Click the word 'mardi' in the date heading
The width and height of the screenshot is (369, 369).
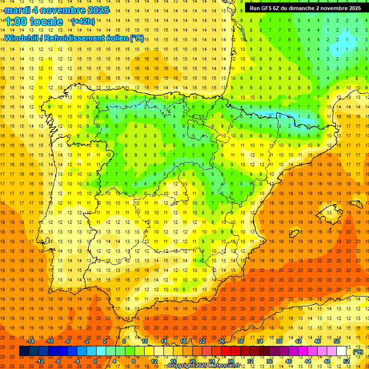point(18,10)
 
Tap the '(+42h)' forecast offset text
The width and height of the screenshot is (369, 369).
point(83,22)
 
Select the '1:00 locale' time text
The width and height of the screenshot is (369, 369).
point(34,22)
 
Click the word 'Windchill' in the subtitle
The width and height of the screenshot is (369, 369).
point(21,38)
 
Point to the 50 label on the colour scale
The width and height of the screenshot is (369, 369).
point(337,341)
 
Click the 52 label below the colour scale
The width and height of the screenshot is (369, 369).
point(346,361)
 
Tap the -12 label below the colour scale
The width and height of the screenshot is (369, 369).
point(40,361)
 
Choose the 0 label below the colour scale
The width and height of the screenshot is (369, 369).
point(95,361)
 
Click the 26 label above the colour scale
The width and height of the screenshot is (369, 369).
point(221,341)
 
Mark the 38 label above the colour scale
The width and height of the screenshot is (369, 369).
point(279,341)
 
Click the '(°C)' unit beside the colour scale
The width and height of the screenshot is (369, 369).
point(357,351)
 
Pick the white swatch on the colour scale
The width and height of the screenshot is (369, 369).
point(342,351)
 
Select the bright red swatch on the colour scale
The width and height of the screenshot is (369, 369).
point(226,351)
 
